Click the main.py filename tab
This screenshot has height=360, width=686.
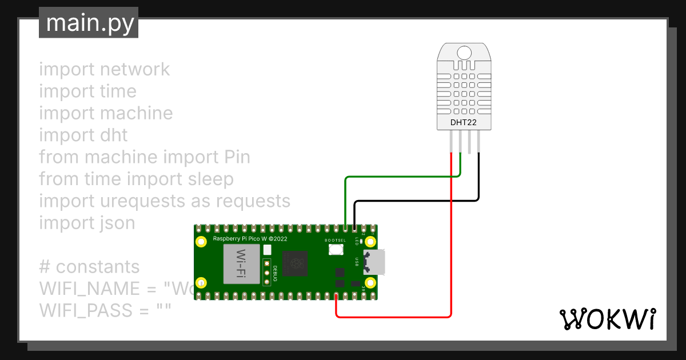89,23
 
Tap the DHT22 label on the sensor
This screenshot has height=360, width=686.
464,122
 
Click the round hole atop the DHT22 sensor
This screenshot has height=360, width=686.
464,53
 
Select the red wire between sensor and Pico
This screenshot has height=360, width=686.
452,240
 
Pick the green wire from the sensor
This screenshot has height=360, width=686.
400,177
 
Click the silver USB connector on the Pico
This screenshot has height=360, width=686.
374,262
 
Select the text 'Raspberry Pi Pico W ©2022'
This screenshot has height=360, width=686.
250,238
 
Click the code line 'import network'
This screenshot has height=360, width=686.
105,69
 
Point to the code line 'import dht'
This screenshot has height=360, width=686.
83,135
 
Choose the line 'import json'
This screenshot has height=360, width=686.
87,223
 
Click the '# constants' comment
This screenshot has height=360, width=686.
89,266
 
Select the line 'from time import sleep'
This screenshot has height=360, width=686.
136,179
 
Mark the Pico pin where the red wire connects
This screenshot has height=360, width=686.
336,296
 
